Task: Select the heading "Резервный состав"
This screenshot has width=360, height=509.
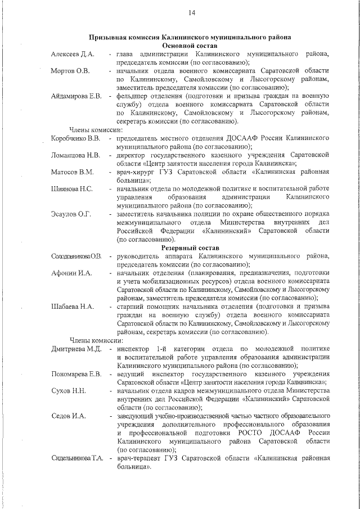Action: [190, 248]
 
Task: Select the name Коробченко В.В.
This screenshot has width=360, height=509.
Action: [75, 138]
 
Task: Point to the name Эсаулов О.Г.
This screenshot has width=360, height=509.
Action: [70, 214]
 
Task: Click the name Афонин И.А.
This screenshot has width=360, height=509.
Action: [70, 273]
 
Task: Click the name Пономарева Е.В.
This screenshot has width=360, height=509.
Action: [76, 375]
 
